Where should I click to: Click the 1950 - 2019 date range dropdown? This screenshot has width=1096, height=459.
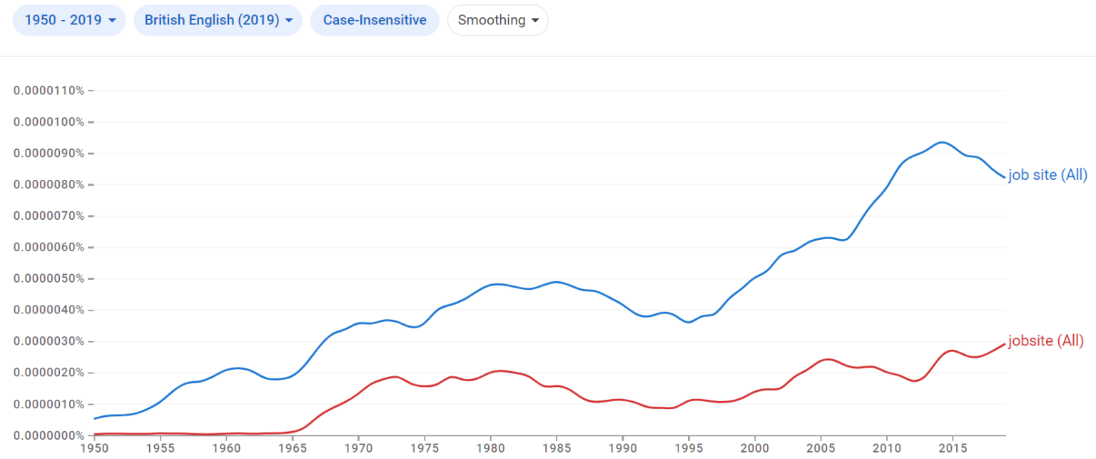(x=69, y=20)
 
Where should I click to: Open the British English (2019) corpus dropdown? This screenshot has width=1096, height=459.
(x=218, y=20)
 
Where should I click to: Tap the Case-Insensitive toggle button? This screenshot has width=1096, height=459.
(x=375, y=20)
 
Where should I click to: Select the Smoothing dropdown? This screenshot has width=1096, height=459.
(x=497, y=20)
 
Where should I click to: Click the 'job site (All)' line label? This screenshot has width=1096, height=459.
(x=1047, y=175)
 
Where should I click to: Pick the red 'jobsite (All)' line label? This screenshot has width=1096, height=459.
(x=1045, y=341)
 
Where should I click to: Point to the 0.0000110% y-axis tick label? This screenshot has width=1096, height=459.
(x=49, y=91)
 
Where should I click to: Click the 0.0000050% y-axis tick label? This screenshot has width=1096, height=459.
(x=49, y=278)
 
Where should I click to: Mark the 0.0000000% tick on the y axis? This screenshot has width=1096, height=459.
(x=49, y=435)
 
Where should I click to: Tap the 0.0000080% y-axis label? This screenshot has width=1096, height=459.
(x=49, y=184)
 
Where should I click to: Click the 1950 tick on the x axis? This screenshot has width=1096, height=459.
(x=94, y=448)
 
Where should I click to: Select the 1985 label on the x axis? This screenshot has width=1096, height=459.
(x=557, y=448)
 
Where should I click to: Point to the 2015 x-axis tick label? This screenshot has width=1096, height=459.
(x=953, y=448)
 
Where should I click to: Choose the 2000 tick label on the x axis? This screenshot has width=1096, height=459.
(x=754, y=448)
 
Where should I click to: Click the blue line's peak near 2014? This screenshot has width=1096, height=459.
(x=942, y=142)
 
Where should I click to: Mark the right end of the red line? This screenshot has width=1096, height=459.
(x=1005, y=344)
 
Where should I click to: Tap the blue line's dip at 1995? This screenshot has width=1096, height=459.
(x=689, y=322)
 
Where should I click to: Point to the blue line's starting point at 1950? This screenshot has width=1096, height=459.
(x=95, y=418)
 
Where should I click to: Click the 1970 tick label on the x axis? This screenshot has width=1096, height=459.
(x=358, y=448)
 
